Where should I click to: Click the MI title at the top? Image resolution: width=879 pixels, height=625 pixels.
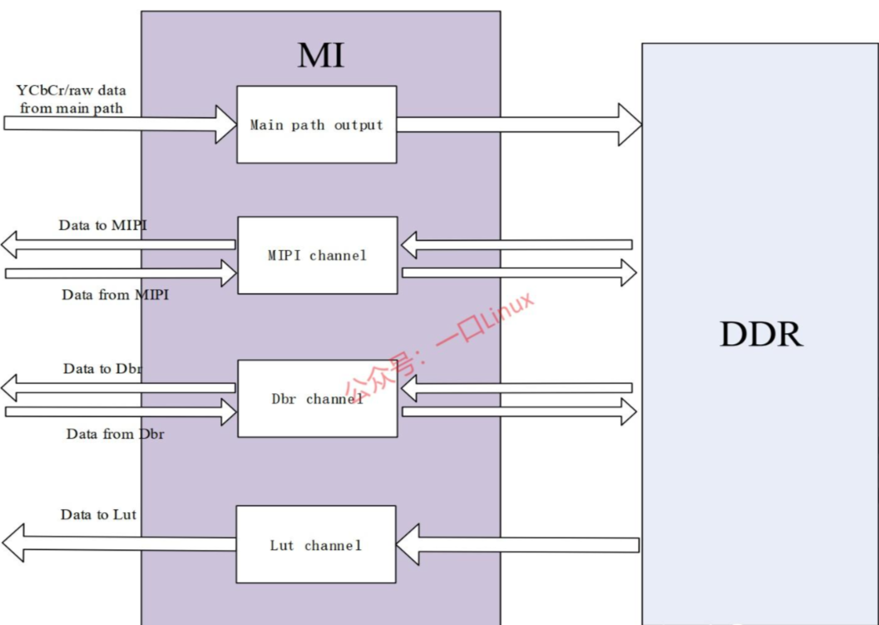tap(321, 56)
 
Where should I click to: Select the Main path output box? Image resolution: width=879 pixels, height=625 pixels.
tap(317, 125)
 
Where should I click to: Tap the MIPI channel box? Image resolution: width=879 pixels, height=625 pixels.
tap(317, 255)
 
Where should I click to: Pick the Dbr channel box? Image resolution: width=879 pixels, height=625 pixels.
tap(317, 399)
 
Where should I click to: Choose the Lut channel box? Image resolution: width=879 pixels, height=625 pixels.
tap(316, 545)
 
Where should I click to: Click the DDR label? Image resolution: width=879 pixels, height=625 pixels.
tap(761, 334)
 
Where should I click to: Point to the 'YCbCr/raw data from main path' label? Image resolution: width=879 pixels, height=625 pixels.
tap(71, 99)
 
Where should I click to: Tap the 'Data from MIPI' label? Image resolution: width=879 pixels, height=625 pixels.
tap(115, 295)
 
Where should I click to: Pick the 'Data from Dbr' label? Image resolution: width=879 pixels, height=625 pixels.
tap(115, 434)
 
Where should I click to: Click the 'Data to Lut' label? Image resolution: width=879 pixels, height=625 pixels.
tap(98, 515)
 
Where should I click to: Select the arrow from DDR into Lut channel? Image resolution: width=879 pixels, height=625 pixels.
tap(518, 544)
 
